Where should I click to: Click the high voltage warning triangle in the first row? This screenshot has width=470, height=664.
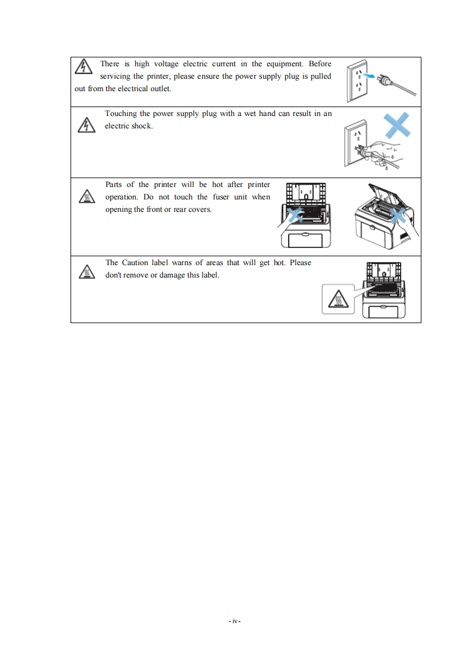coord(84,66)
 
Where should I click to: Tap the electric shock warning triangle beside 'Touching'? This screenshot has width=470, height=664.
coord(87,125)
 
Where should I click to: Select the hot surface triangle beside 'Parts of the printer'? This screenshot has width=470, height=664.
coord(87,196)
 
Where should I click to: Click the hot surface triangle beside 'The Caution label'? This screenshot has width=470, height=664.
coord(87,272)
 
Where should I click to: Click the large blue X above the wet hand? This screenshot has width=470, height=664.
coord(397,124)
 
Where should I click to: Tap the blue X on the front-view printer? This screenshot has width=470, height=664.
coord(295,215)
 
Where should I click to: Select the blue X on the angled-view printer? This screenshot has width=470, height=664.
coord(398,216)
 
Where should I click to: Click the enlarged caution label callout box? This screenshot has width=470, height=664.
coord(338,299)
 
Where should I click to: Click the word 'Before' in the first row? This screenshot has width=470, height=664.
coord(320,64)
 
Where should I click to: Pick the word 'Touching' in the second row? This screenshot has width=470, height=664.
coord(121,114)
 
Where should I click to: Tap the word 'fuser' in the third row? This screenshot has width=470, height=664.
coord(221,197)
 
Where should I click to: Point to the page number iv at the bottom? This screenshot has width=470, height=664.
coord(235,621)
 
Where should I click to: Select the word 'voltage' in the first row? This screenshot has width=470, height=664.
coord(166,65)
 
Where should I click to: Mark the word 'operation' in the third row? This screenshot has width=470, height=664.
coord(122,197)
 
